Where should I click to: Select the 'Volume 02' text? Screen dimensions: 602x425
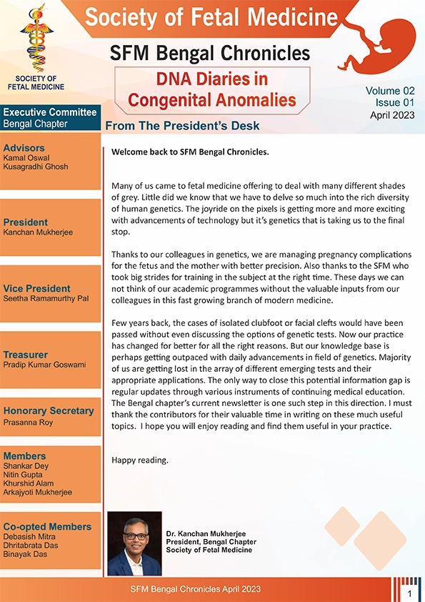(x=390, y=91)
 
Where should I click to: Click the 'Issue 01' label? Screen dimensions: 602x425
(x=392, y=103)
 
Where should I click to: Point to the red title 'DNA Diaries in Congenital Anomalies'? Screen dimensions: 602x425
(x=211, y=89)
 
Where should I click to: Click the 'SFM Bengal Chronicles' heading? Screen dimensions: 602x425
(x=211, y=53)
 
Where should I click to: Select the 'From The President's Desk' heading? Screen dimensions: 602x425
(x=181, y=127)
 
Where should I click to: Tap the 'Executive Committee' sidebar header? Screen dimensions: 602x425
(x=49, y=112)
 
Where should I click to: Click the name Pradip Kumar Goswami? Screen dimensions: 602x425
(x=44, y=365)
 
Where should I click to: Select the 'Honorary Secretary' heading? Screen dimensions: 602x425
(x=49, y=410)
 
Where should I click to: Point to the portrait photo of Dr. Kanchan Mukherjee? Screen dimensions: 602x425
(x=134, y=543)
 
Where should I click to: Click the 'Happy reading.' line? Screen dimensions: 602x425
(x=140, y=460)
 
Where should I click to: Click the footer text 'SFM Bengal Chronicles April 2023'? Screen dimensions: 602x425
(x=196, y=589)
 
